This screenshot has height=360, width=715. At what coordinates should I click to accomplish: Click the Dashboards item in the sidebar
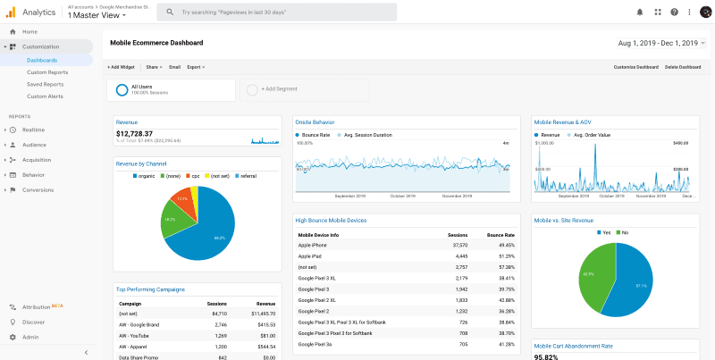(42, 60)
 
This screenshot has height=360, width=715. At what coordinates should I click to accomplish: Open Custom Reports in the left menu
(47, 72)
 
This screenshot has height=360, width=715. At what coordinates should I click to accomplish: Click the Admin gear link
(30, 337)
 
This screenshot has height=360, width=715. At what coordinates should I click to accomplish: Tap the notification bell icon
(639, 13)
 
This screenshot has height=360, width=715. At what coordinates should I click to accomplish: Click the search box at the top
(268, 13)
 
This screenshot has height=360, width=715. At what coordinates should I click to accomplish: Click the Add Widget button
(122, 67)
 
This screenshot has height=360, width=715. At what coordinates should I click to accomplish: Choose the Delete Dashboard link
(683, 67)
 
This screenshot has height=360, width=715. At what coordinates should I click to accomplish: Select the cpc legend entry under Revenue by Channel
(194, 176)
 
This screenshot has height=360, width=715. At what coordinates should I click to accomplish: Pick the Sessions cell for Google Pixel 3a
(458, 344)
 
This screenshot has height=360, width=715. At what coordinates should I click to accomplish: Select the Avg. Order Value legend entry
(589, 135)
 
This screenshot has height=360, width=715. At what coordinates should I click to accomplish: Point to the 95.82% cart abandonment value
(547, 356)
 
